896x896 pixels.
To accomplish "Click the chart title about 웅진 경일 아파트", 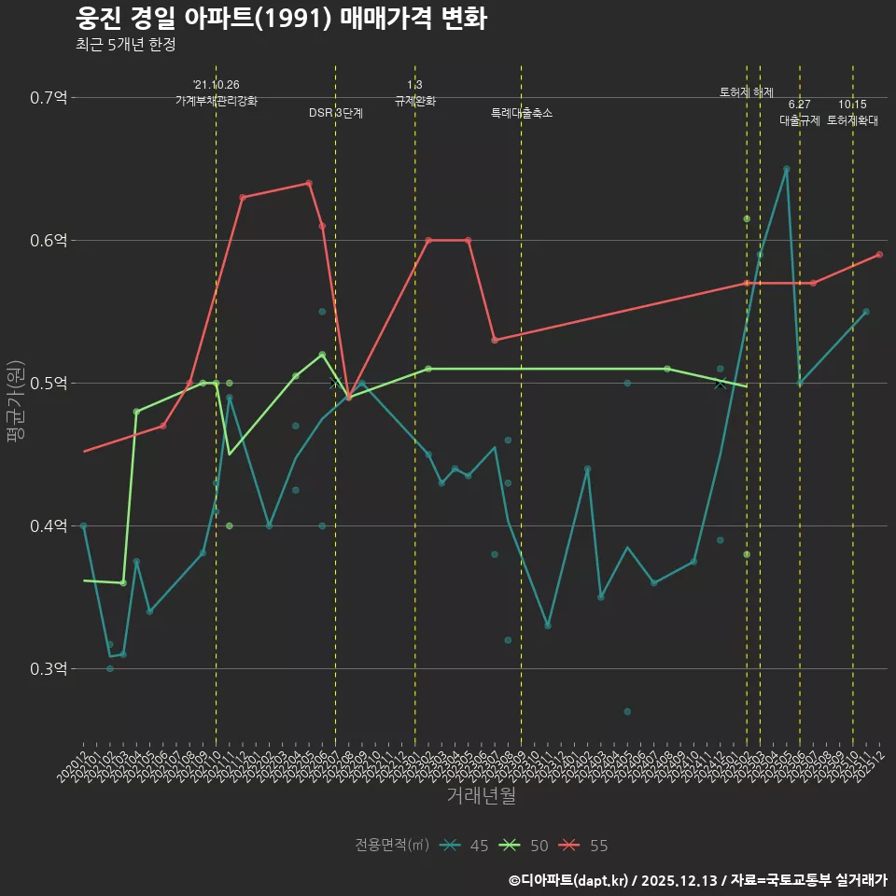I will pyautogui.click(x=280, y=19).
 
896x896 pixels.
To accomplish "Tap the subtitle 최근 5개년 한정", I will pyautogui.click(x=125, y=44).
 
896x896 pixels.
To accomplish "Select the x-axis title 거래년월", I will pyautogui.click(x=481, y=796).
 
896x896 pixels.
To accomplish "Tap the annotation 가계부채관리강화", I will pyautogui.click(x=217, y=101).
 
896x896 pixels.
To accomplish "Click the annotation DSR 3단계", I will pyautogui.click(x=336, y=113).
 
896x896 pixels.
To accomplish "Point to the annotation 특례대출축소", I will pyautogui.click(x=522, y=113).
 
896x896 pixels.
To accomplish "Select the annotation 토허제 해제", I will pyautogui.click(x=747, y=92).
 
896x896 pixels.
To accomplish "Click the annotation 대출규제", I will pyautogui.click(x=800, y=120).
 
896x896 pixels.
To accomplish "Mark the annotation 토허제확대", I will pyautogui.click(x=852, y=120).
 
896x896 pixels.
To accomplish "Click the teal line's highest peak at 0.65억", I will pyautogui.click(x=786, y=169).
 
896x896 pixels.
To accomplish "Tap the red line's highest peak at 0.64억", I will pyautogui.click(x=309, y=183).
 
